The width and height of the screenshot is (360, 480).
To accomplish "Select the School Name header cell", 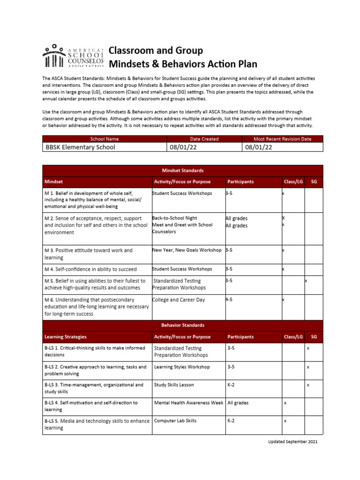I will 105,139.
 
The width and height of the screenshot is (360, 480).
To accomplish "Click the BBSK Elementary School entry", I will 80,147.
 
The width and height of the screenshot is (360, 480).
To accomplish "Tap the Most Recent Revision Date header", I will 282,139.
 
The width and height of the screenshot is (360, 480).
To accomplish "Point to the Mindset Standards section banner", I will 182,171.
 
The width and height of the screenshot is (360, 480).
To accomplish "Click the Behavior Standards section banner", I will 182,325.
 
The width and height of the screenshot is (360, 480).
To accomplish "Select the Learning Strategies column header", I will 66,337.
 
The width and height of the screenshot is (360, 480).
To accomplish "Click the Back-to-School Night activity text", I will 174,218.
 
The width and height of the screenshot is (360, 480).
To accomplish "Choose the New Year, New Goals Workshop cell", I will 187,250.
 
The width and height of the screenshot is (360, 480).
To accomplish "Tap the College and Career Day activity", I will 178,300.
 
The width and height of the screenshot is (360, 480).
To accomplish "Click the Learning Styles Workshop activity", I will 182,367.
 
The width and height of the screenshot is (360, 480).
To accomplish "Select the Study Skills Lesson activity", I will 174,385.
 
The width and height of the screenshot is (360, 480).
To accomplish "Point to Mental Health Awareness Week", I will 188,403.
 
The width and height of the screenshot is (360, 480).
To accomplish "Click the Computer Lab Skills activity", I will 175,420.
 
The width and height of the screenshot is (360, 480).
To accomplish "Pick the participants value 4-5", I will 229,300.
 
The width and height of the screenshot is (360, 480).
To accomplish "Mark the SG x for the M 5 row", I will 306,281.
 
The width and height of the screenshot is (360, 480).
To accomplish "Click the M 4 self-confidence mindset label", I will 90,269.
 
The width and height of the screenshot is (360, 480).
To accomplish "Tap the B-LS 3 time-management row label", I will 94,388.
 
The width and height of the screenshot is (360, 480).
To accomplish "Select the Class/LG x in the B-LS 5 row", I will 285,421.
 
